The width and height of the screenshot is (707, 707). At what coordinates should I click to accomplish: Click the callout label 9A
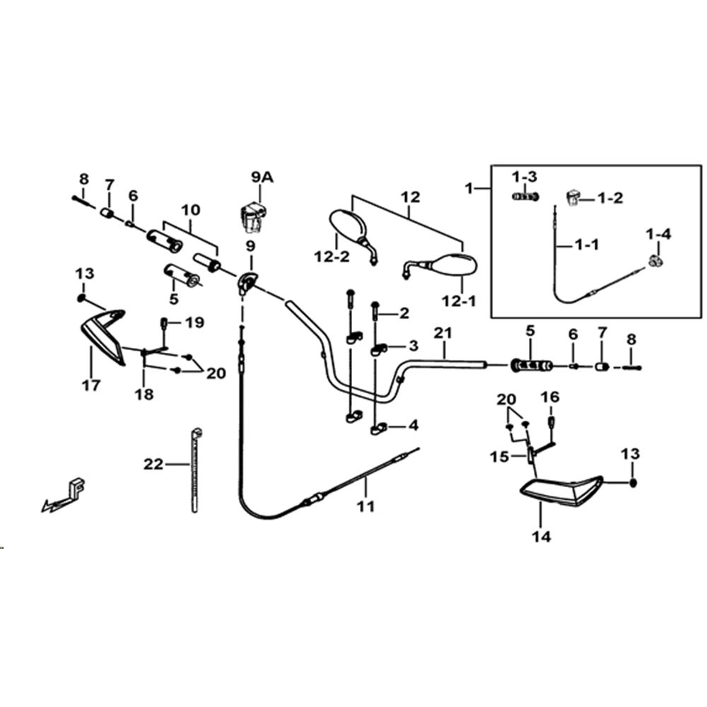[262, 177]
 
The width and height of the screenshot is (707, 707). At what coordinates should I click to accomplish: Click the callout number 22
[153, 464]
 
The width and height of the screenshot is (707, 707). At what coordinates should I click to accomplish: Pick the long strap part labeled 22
[196, 470]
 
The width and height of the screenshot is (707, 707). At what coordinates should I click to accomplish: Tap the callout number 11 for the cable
[366, 506]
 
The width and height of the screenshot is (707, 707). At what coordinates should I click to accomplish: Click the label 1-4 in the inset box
[658, 234]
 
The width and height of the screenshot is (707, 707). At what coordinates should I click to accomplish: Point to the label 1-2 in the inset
[610, 198]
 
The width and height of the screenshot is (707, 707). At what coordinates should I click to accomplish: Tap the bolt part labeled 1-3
[525, 197]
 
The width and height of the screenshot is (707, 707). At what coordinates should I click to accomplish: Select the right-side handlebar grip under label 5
[531, 365]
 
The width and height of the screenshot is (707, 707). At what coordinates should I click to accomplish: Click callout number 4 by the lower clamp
[414, 425]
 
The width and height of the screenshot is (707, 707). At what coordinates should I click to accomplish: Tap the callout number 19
[195, 322]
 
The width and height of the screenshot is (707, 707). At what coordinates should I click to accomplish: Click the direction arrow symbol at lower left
[64, 496]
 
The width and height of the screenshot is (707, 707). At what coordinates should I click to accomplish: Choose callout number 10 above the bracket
[191, 210]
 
